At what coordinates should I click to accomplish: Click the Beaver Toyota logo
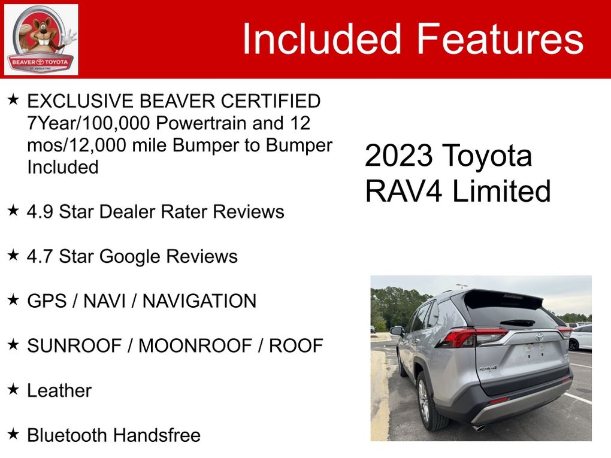41,40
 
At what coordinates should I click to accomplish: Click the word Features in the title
500,38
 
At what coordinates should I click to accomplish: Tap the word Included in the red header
322,38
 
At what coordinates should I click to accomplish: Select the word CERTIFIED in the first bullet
271,101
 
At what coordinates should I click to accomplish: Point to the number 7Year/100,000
89,123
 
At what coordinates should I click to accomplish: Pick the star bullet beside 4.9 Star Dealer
13,211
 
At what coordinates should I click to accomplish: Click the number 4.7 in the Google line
40,256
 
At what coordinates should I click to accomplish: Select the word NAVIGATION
199,301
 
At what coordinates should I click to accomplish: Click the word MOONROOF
195,345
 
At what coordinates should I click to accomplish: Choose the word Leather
59,390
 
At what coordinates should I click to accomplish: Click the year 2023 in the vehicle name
398,156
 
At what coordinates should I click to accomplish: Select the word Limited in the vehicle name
501,191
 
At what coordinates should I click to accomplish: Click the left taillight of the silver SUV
471,337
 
